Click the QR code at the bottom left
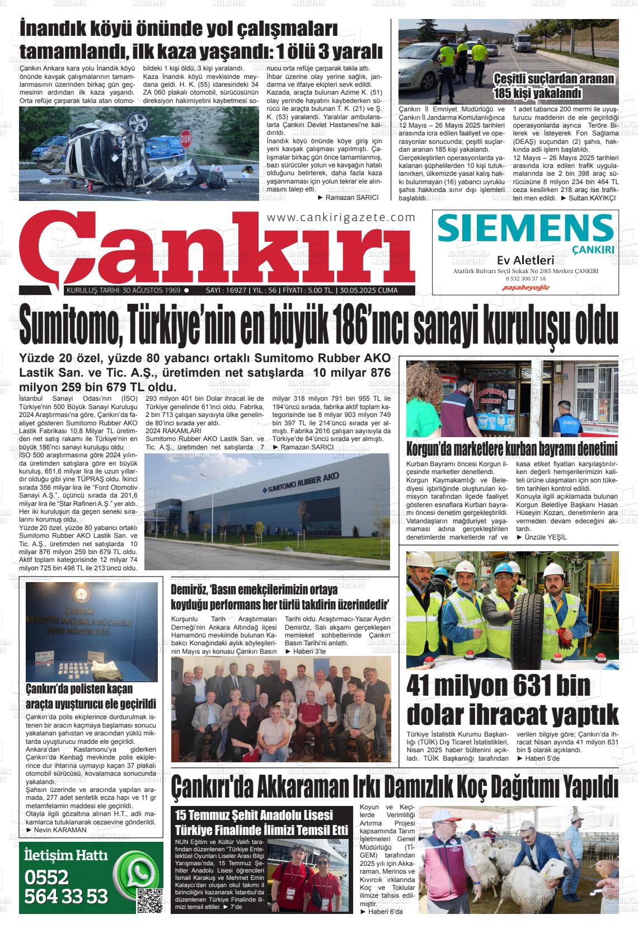point(149,900)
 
